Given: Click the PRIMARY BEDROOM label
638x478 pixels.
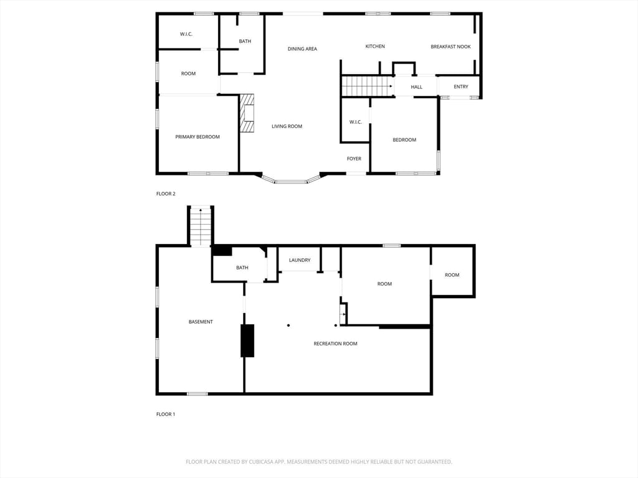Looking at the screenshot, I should [198, 137].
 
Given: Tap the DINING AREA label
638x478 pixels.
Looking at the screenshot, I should [302, 49].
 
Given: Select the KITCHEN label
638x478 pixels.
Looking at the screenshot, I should [375, 47].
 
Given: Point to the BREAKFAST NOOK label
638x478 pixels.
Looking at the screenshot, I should [450, 47].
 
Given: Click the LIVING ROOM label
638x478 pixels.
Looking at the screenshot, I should [287, 126].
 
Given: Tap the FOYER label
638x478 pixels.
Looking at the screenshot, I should [354, 159].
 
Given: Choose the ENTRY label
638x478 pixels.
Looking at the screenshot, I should [460, 87].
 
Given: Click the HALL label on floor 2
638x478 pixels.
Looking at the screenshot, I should [417, 87].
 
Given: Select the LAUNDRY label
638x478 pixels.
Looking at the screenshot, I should [300, 260].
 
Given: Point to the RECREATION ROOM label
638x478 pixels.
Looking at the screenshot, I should [335, 344].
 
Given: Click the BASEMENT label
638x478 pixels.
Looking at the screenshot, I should [201, 322].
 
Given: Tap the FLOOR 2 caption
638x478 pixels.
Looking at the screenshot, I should [165, 194].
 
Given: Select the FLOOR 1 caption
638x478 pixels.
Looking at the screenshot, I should [165, 414].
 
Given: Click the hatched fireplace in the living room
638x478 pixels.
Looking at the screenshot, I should [248, 113].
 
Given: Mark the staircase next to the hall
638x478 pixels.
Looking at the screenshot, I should [367, 86].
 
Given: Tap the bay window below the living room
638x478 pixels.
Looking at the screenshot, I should [290, 180].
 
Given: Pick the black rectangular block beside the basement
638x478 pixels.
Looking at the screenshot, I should [247, 340].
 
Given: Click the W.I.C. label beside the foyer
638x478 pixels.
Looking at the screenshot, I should [355, 122].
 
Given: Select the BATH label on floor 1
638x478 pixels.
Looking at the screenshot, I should [242, 268].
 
